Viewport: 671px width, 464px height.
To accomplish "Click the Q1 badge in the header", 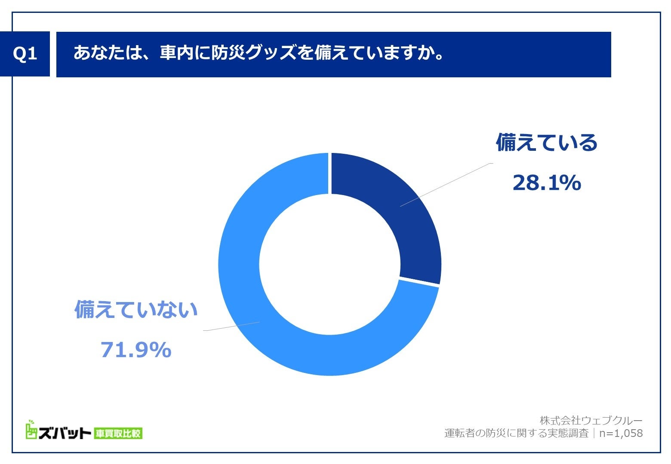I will [x=25, y=54].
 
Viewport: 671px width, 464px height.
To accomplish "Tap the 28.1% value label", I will [x=546, y=183].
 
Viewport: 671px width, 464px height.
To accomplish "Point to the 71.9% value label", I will [x=136, y=350].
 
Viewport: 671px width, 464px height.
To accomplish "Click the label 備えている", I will [x=546, y=143].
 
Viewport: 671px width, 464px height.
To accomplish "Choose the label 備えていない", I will [x=136, y=309].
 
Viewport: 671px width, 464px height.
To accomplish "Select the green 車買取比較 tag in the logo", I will [x=118, y=433].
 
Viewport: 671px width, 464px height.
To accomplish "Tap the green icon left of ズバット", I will [x=31, y=430].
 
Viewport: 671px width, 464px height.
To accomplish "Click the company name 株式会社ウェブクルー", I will [x=591, y=420].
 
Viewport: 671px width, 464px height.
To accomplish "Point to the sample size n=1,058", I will [x=621, y=433].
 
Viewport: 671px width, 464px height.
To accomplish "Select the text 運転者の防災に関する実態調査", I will [x=516, y=433].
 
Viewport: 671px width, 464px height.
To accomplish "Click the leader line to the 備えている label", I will [x=445, y=185].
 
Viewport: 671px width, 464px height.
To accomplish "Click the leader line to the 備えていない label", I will [x=232, y=326].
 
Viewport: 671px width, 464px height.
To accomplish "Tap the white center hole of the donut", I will [x=329, y=264].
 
